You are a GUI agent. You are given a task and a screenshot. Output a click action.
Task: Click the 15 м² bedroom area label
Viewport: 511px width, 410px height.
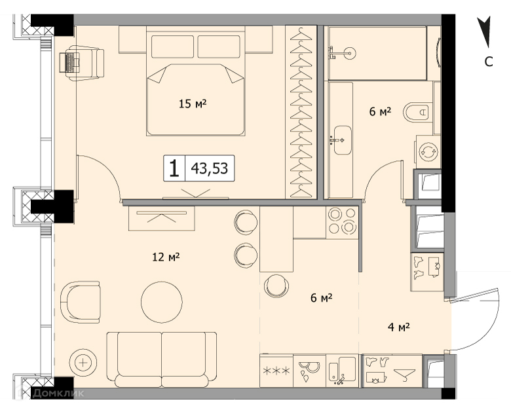[193, 103]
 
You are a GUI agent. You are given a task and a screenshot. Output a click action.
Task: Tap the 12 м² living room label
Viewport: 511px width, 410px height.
[166, 257]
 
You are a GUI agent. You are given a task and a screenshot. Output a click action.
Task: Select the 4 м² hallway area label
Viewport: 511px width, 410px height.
[398, 327]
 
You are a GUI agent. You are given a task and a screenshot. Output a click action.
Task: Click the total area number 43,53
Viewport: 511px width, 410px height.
[210, 168]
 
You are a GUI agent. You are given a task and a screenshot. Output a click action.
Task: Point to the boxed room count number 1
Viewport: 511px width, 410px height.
[174, 168]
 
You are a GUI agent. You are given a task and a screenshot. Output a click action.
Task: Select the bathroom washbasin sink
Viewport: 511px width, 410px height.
[341, 140]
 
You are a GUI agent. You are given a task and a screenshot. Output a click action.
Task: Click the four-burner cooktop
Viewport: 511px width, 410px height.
[341, 222]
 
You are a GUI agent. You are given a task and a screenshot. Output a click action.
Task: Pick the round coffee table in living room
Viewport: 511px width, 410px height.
[162, 302]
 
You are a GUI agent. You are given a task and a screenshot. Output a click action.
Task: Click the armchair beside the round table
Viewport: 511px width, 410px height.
[81, 302]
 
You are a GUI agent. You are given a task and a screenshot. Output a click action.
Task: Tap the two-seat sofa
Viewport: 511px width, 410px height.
[162, 360]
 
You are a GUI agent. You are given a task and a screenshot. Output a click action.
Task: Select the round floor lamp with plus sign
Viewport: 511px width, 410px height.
[83, 363]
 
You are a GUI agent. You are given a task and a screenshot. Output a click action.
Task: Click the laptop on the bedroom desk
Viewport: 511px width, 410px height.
[69, 62]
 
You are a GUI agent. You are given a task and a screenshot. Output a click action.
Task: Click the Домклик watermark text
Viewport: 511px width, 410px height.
[58, 393]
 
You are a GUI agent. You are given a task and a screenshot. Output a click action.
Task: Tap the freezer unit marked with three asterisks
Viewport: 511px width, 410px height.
[276, 371]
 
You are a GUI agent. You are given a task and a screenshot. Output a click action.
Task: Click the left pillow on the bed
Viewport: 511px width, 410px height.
[174, 47]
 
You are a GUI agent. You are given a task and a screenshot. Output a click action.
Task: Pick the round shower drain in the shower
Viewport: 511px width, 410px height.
[350, 53]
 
